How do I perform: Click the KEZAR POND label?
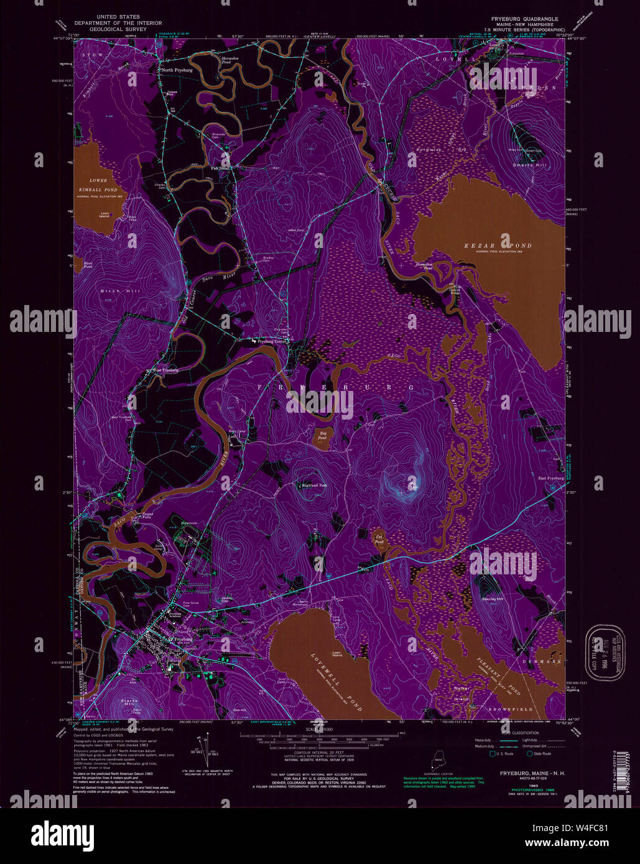(x=498, y=246)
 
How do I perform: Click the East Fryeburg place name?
(x=550, y=478)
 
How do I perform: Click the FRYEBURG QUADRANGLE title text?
(x=527, y=19)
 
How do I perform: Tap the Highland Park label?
(x=313, y=485)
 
